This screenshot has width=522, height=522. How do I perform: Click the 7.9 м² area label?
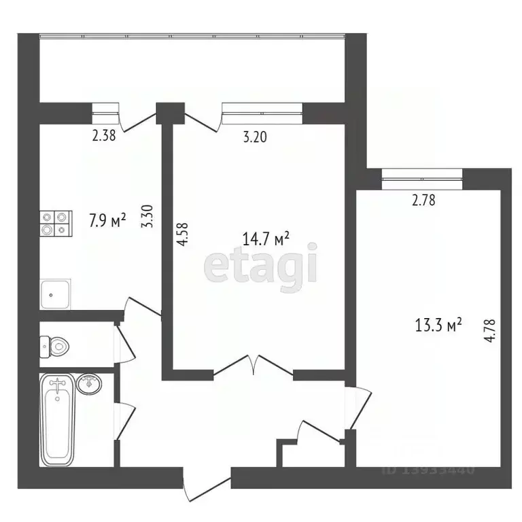(x=107, y=221)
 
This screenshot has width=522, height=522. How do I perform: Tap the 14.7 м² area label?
(x=266, y=239)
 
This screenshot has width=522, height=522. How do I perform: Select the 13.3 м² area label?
(x=438, y=326)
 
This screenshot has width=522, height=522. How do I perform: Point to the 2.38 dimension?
(x=104, y=135)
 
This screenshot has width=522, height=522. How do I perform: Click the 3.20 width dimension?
(x=255, y=137)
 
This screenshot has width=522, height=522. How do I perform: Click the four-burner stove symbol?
(x=56, y=223)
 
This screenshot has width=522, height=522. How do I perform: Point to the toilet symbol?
(x=54, y=347)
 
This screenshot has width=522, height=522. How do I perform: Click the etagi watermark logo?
(x=262, y=265)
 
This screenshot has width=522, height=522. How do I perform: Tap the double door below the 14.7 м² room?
(x=253, y=367)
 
